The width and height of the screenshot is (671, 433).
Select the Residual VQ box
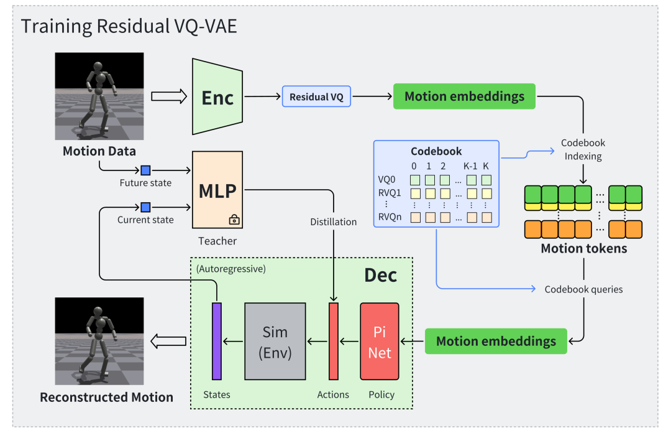coord(317,96)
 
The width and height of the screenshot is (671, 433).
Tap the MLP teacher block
coord(217,190)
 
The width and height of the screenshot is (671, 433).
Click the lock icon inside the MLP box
coord(234,219)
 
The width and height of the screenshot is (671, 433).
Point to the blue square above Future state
coord(145,169)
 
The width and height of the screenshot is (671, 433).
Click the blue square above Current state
coord(145,207)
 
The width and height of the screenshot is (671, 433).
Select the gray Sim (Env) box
coord(275,341)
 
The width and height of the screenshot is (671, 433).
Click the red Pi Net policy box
coord(379,341)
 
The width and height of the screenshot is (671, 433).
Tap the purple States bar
coord(217,341)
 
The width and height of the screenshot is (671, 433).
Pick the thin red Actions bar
coord(334,341)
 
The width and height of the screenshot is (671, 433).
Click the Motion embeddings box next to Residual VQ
coord(464,96)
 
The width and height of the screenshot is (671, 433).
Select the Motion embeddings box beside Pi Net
coord(496,341)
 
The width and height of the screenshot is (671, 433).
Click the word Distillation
coord(334,222)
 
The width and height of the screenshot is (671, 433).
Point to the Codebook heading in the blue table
coord(436,151)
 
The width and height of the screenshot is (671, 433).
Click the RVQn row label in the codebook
coord(390,217)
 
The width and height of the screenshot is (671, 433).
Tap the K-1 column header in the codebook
coord(470,166)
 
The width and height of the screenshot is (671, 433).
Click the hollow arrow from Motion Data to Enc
coord(169,96)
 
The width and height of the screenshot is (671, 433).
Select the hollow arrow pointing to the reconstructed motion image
coord(169,340)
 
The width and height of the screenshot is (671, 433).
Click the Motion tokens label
coord(583,248)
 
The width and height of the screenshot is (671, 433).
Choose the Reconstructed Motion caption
coord(106,397)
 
